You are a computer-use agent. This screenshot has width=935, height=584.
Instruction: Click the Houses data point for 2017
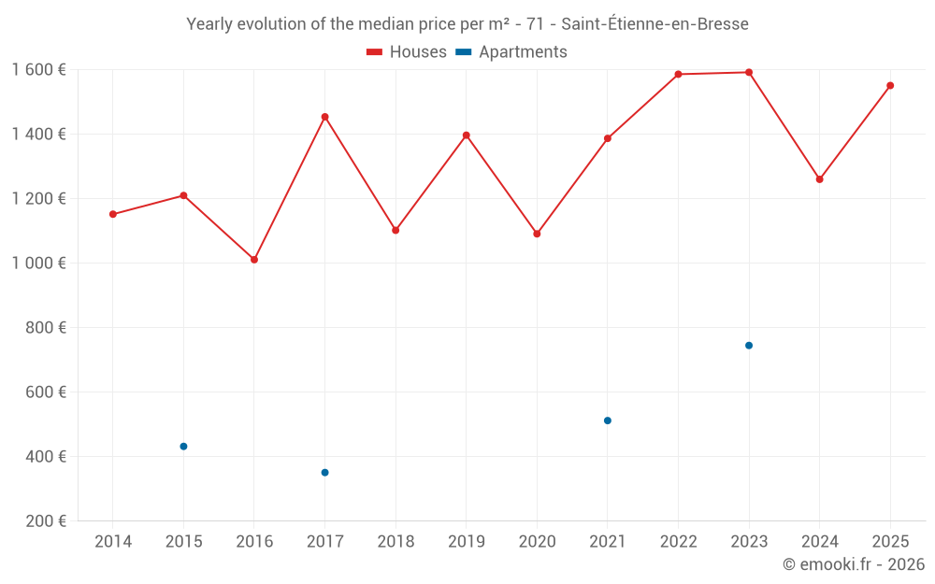pyautogui.click(x=324, y=117)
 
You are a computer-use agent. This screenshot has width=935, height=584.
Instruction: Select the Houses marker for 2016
pyautogui.click(x=254, y=260)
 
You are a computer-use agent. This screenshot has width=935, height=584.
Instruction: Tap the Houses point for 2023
pyautogui.click(x=749, y=72)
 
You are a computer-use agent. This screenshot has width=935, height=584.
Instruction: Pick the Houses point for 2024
pyautogui.click(x=820, y=179)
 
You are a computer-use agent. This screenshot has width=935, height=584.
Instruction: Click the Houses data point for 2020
pyautogui.click(x=537, y=234)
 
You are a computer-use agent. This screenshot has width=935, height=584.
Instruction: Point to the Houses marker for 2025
pyautogui.click(x=890, y=86)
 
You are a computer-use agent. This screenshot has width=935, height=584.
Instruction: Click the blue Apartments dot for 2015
pyautogui.click(x=183, y=447)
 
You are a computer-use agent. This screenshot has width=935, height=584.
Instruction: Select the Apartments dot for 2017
pyautogui.click(x=324, y=473)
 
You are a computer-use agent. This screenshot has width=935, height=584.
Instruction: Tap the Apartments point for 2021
pyautogui.click(x=608, y=420)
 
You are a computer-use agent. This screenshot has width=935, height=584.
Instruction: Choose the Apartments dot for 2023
pyautogui.click(x=749, y=346)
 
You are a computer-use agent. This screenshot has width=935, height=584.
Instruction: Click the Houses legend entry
pyautogui.click(x=407, y=52)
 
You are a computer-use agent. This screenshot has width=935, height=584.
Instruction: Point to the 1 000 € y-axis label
pyautogui.click(x=39, y=264)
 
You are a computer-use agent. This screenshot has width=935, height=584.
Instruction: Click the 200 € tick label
pyautogui.click(x=48, y=521)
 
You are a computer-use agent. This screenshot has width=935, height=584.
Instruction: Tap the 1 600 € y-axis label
pyautogui.click(x=39, y=70)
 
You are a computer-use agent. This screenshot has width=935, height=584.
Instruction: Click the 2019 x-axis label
pyautogui.click(x=466, y=542)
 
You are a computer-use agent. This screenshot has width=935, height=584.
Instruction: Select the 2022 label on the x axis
pyautogui.click(x=678, y=542)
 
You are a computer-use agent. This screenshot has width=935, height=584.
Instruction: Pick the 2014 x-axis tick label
pyautogui.click(x=113, y=542)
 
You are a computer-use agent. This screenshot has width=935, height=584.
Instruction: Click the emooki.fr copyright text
pyautogui.click(x=853, y=564)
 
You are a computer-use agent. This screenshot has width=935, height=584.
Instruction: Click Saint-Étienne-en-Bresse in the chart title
pyautogui.click(x=654, y=24)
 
